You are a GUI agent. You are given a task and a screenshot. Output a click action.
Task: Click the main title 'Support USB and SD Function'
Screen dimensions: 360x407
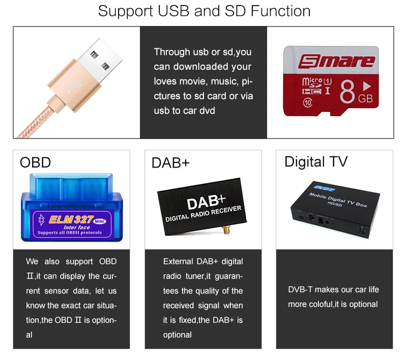click(204, 11)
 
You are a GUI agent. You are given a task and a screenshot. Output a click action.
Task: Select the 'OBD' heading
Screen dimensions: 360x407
click(35, 162)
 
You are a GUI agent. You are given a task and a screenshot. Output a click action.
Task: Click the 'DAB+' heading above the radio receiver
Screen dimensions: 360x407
click(170, 163)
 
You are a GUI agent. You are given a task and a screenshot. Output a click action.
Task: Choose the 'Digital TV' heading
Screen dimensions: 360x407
click(316, 162)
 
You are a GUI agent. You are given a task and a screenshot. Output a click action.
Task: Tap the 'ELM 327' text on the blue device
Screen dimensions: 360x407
click(70, 219)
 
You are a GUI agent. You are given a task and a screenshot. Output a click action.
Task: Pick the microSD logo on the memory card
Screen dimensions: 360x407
click(311, 81)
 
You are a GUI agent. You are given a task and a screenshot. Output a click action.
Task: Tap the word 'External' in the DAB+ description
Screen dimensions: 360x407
click(178, 262)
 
